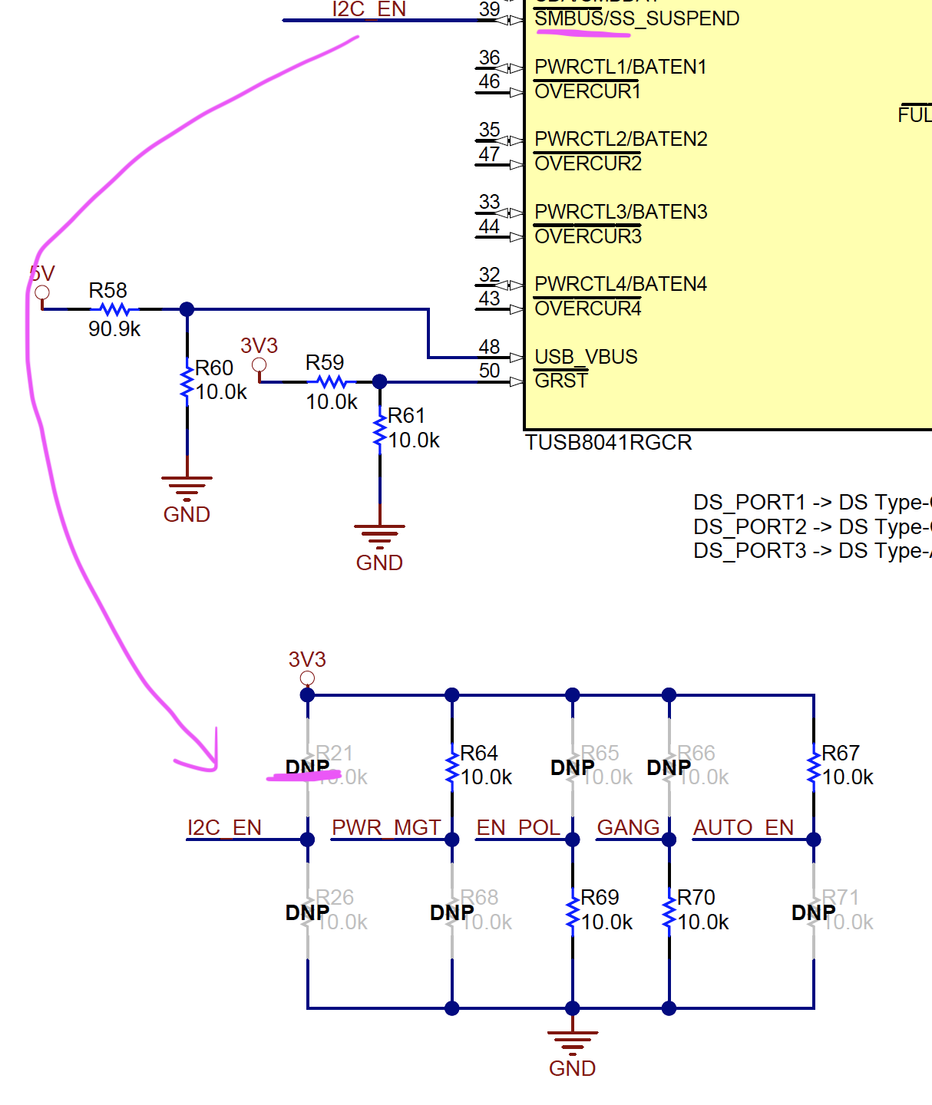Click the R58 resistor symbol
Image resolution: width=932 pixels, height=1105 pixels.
tap(114, 309)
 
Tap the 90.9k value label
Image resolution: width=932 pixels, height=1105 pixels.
tap(114, 329)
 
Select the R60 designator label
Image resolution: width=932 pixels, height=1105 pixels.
tap(214, 368)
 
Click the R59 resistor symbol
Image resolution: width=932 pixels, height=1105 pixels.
tap(332, 381)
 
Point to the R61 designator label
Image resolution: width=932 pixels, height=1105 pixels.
tap(406, 416)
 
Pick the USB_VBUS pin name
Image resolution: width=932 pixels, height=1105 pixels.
tap(586, 357)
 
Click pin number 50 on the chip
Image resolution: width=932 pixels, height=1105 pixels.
tap(489, 371)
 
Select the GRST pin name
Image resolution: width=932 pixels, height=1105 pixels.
tap(560, 381)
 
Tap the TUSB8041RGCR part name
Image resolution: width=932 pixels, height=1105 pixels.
tap(609, 443)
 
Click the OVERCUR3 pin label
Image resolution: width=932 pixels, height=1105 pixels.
tap(588, 236)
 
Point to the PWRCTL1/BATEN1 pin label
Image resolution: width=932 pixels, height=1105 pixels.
tap(620, 67)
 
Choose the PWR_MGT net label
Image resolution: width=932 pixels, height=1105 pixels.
tap(386, 828)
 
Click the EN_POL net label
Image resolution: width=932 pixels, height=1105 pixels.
tap(518, 828)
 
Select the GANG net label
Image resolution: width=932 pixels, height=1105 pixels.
tap(628, 828)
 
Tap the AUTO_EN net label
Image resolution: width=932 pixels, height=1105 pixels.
tap(743, 828)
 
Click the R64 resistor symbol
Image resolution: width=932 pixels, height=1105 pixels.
tap(452, 767)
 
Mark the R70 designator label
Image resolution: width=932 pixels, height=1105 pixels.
tap(696, 898)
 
